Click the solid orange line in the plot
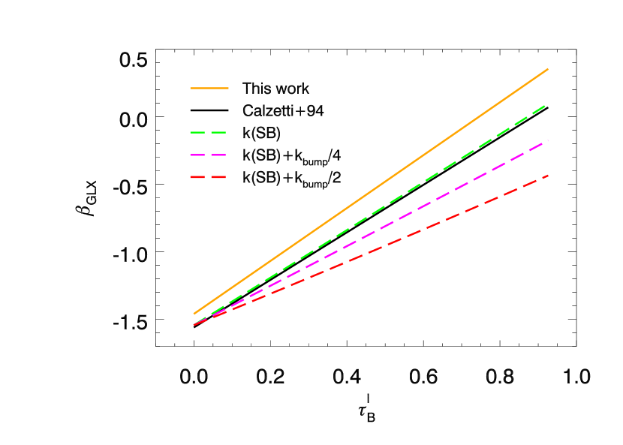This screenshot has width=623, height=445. [x=371, y=191]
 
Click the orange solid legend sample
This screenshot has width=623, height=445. [x=209, y=88]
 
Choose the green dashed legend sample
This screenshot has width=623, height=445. [x=208, y=132]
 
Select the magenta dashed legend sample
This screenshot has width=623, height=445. [x=208, y=155]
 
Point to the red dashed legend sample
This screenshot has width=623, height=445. [x=208, y=177]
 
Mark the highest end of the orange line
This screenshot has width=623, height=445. [x=548, y=69]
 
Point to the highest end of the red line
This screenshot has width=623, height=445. [x=548, y=176]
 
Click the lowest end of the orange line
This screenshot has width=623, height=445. [x=194, y=314]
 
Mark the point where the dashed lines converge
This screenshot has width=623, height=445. [x=194, y=324]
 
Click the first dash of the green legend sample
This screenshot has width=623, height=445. [x=198, y=132]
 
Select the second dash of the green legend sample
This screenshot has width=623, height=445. [x=218, y=132]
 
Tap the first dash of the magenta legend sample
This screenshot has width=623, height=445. [x=198, y=155]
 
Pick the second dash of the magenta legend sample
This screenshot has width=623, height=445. [x=218, y=155]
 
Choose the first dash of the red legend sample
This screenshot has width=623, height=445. [x=198, y=177]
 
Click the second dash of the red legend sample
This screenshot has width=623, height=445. [x=218, y=177]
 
